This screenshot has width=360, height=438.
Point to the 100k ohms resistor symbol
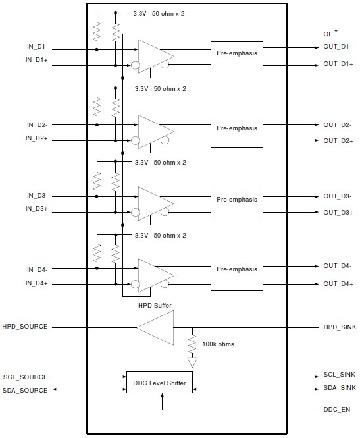click(192, 344)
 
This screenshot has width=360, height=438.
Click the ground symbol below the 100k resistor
click(192, 362)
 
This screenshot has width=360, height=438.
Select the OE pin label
click(328, 34)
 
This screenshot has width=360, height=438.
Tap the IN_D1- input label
click(37, 47)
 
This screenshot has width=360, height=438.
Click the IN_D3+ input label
click(37, 209)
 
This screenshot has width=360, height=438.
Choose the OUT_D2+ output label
click(338, 141)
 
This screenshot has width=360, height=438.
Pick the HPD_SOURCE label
click(25, 327)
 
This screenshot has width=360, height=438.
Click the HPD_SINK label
click(340, 327)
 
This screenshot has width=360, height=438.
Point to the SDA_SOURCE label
click(25, 390)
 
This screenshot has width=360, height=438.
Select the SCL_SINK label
click(340, 375)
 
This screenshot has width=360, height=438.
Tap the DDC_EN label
click(336, 410)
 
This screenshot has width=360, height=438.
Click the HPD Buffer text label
click(155, 306)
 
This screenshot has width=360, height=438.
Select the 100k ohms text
click(218, 344)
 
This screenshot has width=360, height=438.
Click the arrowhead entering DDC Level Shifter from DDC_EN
click(162, 395)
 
